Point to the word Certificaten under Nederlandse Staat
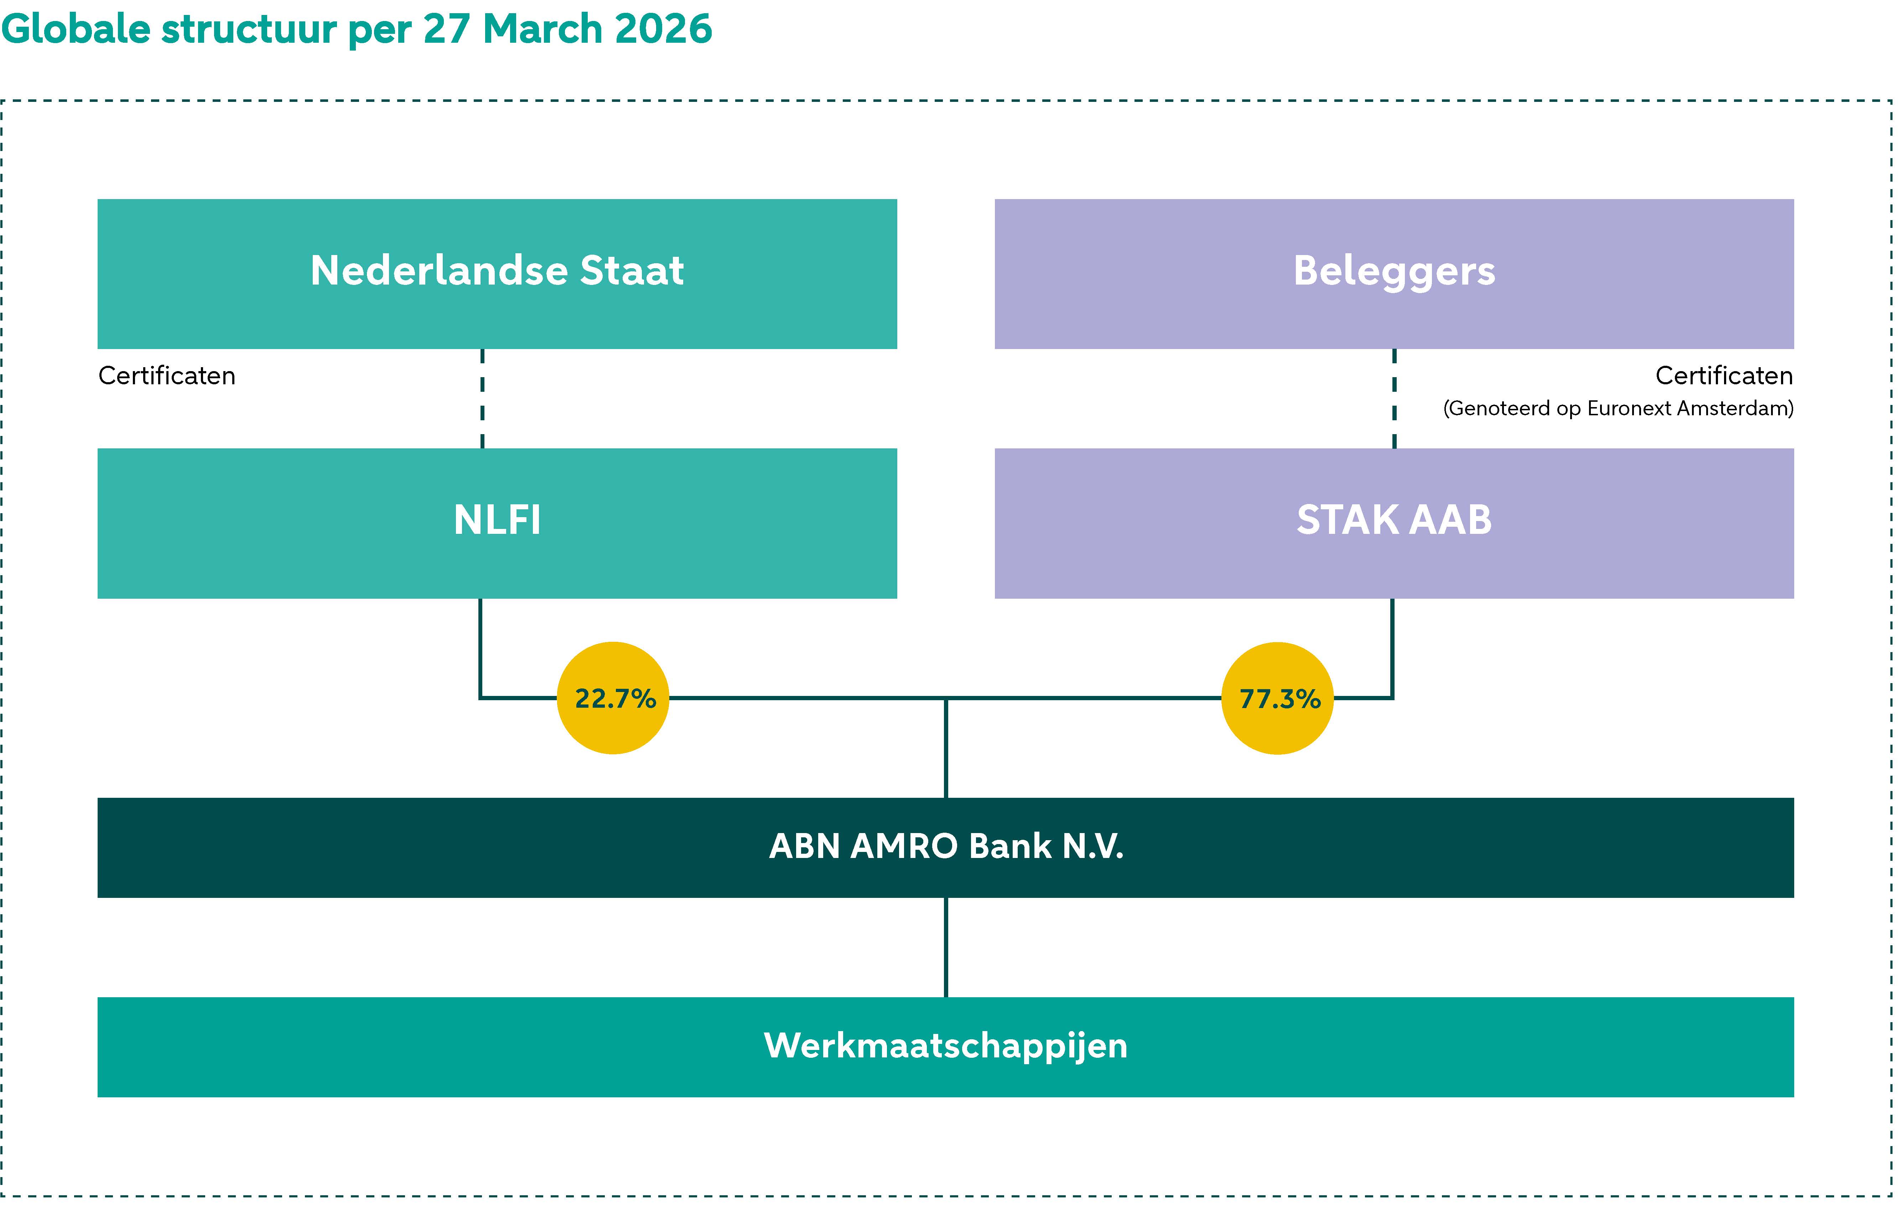pos(166,376)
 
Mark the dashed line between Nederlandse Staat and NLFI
pos(482,399)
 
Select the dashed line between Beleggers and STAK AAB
pos(1394,399)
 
